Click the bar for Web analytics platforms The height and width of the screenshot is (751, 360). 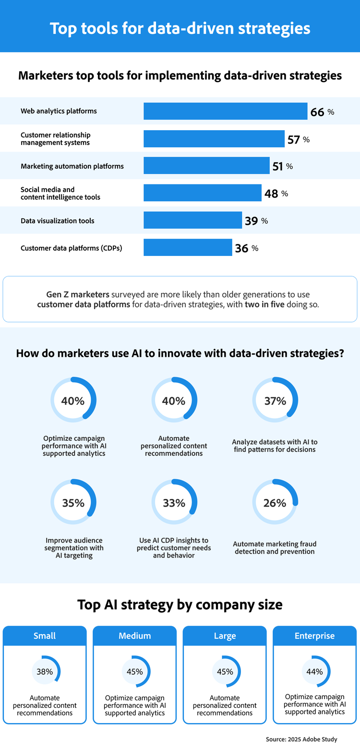pyautogui.click(x=225, y=111)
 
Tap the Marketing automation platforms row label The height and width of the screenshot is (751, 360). pyautogui.click(x=72, y=166)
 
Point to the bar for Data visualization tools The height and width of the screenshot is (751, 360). pyautogui.click(x=192, y=220)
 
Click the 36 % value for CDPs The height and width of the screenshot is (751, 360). pyautogui.click(x=246, y=248)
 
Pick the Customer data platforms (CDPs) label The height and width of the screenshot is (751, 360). pyautogui.click(x=71, y=248)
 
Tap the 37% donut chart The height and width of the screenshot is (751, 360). pyautogui.click(x=275, y=400)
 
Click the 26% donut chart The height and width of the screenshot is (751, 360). pyautogui.click(x=275, y=502)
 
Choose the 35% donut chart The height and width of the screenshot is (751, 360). pyautogui.click(x=73, y=502)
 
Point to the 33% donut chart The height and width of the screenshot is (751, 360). pyautogui.click(x=174, y=502)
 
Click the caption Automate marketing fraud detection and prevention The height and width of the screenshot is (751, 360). pyautogui.click(x=275, y=548)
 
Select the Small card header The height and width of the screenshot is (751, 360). pyautogui.click(x=45, y=636)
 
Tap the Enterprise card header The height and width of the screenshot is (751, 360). pyautogui.click(x=314, y=636)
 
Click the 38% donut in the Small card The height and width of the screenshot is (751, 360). pyautogui.click(x=45, y=671)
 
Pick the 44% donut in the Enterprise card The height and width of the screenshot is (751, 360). pyautogui.click(x=314, y=671)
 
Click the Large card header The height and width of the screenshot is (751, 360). pyautogui.click(x=225, y=636)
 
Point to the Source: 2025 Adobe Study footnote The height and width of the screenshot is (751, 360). pyautogui.click(x=301, y=739)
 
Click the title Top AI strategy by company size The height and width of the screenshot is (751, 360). pyautogui.click(x=180, y=605)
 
